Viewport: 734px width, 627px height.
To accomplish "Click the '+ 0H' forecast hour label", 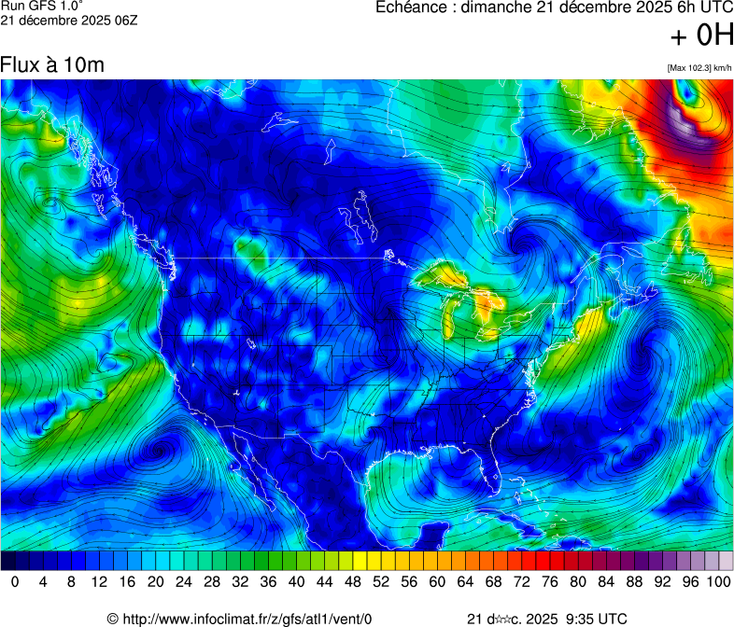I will tap(700, 35).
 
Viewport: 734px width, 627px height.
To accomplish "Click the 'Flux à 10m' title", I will tap(52, 64).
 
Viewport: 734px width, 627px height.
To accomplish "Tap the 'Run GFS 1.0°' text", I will tap(42, 7).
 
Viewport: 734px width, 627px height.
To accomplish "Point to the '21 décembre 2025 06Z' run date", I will tap(69, 21).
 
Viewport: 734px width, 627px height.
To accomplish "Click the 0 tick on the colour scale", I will tap(15, 581).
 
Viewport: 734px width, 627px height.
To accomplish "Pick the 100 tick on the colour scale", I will tap(717, 581).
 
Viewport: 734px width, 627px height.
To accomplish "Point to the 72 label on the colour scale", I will tap(520, 581).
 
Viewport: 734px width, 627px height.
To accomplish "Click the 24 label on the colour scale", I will tap(183, 581).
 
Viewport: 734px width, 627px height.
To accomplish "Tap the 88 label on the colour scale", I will tap(633, 581).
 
